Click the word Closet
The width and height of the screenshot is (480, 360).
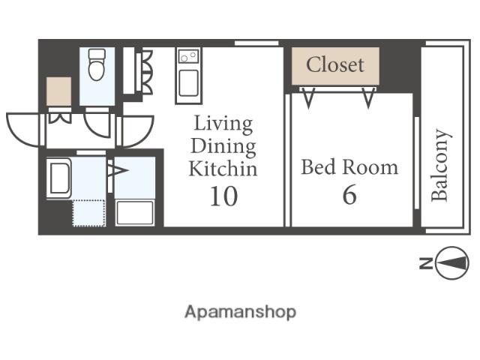pos(335,64)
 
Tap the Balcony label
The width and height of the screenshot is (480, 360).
pos(440,165)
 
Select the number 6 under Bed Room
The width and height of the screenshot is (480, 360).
pos(349,195)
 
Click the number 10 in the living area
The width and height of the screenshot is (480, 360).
pos(223,196)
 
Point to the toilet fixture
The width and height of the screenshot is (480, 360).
pos(97,64)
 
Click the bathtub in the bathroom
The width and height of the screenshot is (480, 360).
pos(59,178)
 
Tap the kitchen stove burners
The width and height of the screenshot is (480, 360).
pos(188,56)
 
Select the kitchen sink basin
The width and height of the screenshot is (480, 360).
pos(188,83)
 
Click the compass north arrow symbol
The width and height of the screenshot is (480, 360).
pos(451,263)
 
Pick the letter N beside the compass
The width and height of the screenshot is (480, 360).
pos(426,263)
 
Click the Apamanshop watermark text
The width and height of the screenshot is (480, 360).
pos(240,312)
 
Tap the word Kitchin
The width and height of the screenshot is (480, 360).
pos(223,169)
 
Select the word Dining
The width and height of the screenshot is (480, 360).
pos(223,147)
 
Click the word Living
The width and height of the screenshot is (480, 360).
pos(223,124)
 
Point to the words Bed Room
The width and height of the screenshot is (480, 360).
pos(349,167)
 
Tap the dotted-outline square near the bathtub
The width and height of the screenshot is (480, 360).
pos(88,213)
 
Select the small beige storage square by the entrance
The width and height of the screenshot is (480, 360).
pos(58,91)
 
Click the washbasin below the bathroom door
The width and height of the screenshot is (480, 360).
pos(135,213)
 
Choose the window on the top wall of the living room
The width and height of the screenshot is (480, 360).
pos(256,43)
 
